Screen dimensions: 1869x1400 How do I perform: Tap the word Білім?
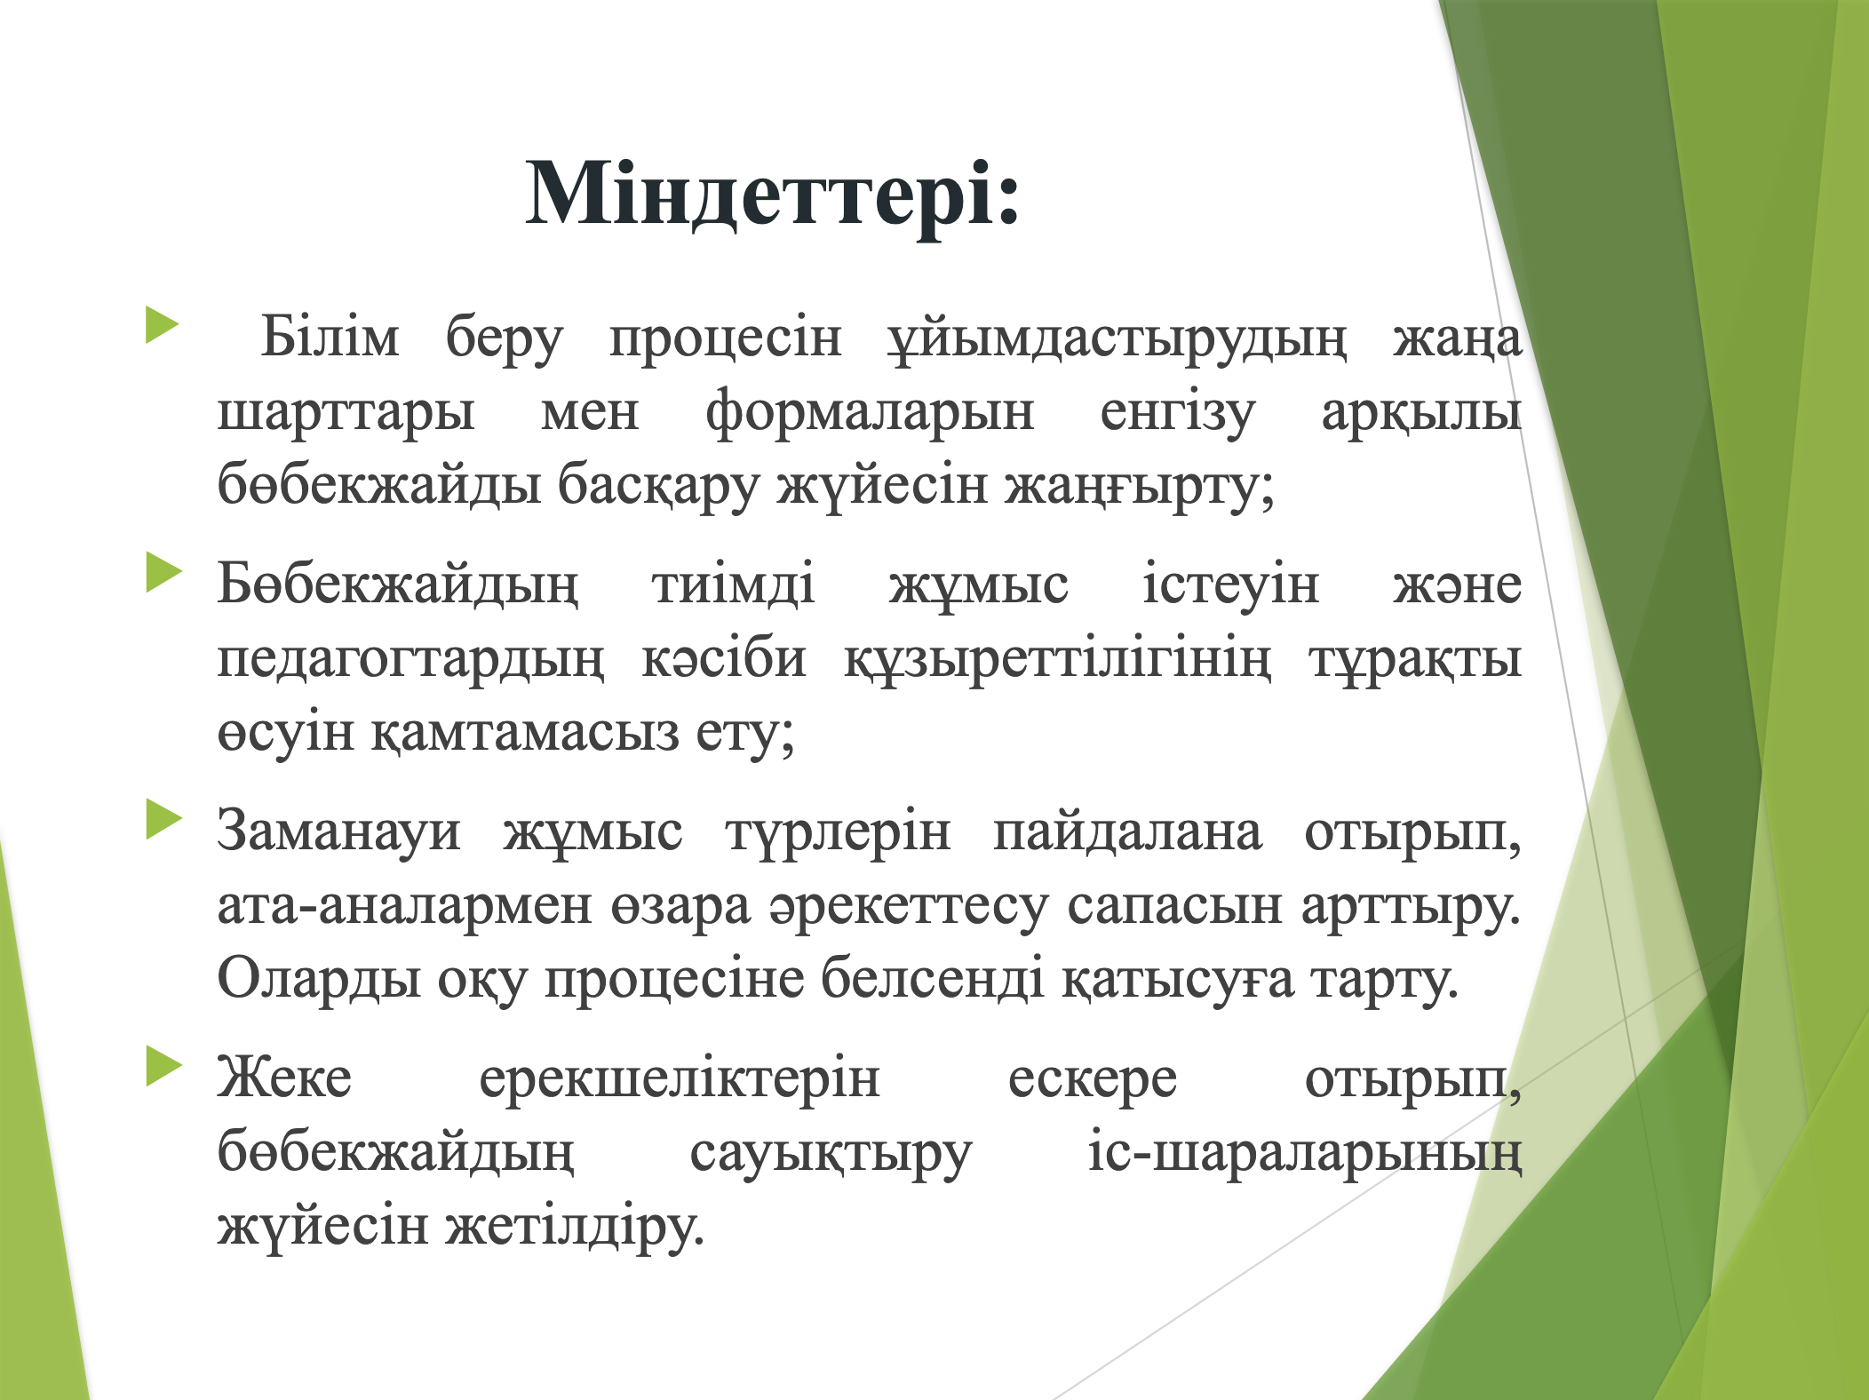click(x=330, y=337)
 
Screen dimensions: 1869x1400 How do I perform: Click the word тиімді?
click(x=734, y=585)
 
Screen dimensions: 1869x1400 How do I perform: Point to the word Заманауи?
click(x=339, y=831)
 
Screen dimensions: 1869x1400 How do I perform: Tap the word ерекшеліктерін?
click(x=680, y=1079)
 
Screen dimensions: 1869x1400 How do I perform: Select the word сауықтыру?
click(x=831, y=1154)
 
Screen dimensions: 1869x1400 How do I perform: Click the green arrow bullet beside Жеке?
click(x=163, y=1066)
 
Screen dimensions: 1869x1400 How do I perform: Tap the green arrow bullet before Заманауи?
click(x=163, y=819)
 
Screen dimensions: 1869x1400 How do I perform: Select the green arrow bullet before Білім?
click(x=163, y=324)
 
